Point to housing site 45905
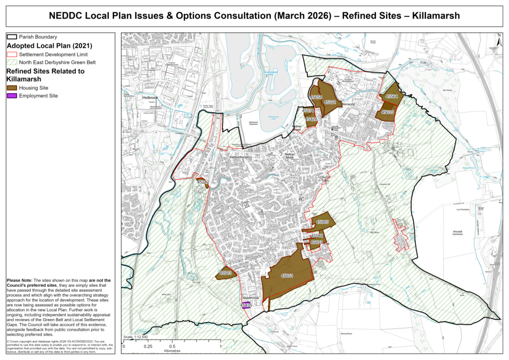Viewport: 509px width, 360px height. (322, 222)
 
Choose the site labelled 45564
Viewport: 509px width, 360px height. (391, 95)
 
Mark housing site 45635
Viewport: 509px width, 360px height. (387, 112)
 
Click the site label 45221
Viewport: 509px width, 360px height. (329, 102)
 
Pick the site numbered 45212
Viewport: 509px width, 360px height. (203, 182)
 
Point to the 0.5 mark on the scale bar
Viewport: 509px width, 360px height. (172, 347)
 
